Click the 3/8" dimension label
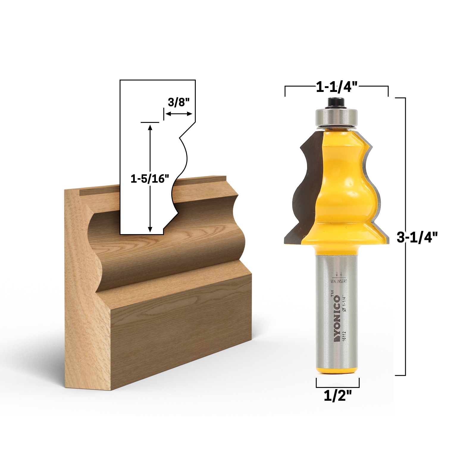178,103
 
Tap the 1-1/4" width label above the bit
336,88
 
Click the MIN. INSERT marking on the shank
339,281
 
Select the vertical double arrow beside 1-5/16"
150,178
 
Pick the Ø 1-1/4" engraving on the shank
345,303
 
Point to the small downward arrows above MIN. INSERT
339,274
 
